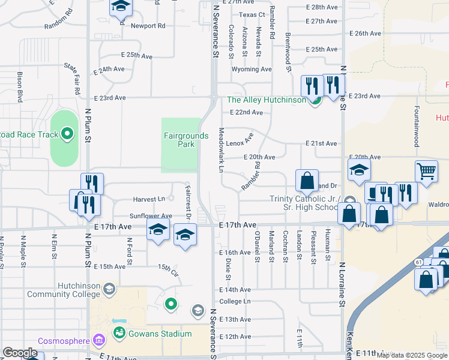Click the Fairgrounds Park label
[186, 140]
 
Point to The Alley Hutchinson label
[266, 100]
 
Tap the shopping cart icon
[426, 170]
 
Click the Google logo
[20, 353]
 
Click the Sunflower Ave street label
[151, 216]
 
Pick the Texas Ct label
[252, 14]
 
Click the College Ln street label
[235, 301]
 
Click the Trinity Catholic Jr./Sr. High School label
[304, 203]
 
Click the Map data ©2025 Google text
[412, 355]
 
